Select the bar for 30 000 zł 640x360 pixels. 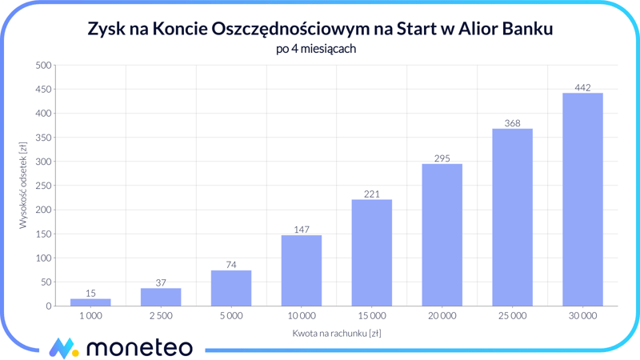click(x=582, y=200)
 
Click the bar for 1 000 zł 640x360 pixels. click(x=90, y=302)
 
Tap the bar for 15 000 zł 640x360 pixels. click(x=372, y=253)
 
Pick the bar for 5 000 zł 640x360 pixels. click(x=231, y=288)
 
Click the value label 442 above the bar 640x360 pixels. click(x=582, y=87)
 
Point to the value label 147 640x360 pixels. click(x=302, y=230)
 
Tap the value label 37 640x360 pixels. click(x=161, y=282)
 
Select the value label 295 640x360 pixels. click(x=442, y=158)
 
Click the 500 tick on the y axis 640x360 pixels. click(x=43, y=66)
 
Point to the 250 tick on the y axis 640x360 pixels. click(x=43, y=186)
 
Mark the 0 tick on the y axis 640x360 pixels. click(x=49, y=306)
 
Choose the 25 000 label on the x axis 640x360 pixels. click(x=512, y=316)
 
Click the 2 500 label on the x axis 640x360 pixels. click(x=161, y=316)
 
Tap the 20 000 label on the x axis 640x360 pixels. click(x=442, y=316)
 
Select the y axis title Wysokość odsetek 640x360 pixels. click(x=23, y=186)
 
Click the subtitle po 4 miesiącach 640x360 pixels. click(x=320, y=49)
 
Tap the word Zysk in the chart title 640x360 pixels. click(x=106, y=30)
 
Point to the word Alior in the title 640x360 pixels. click(x=477, y=30)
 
